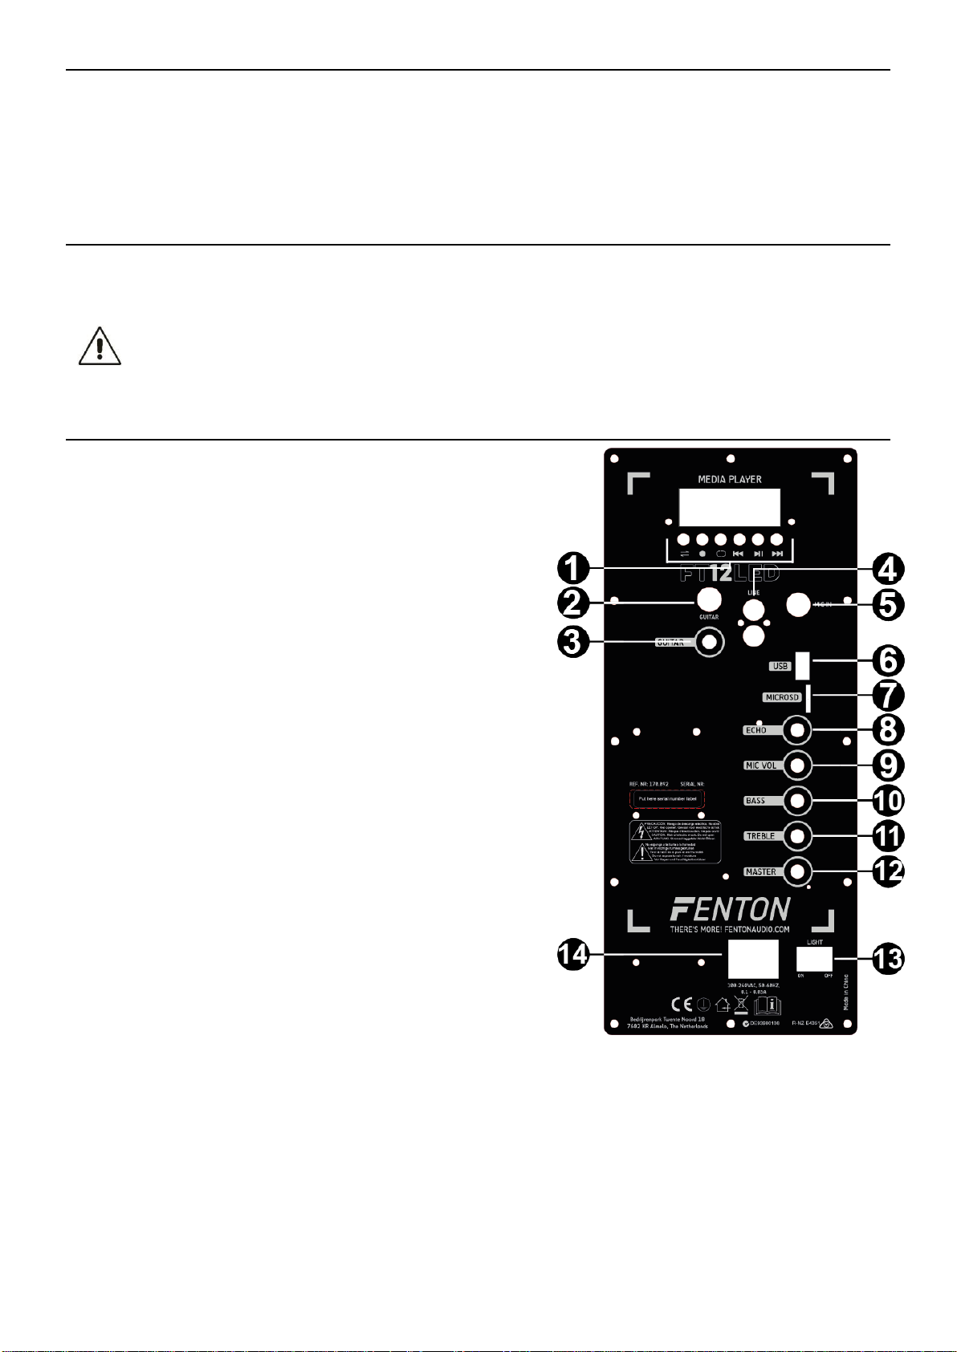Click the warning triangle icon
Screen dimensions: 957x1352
(x=100, y=347)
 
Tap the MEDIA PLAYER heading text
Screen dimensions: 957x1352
(x=729, y=479)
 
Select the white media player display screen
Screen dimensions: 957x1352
(x=729, y=507)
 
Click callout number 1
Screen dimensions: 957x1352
(x=573, y=569)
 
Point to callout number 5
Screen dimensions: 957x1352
(x=887, y=604)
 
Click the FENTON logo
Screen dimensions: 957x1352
(x=730, y=909)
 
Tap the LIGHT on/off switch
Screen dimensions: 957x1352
(x=814, y=959)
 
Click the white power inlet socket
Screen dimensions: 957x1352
(x=753, y=959)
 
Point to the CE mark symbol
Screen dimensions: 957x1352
(x=682, y=1005)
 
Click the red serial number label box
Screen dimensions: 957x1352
(x=666, y=799)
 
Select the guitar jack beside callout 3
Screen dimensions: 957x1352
(x=709, y=642)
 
